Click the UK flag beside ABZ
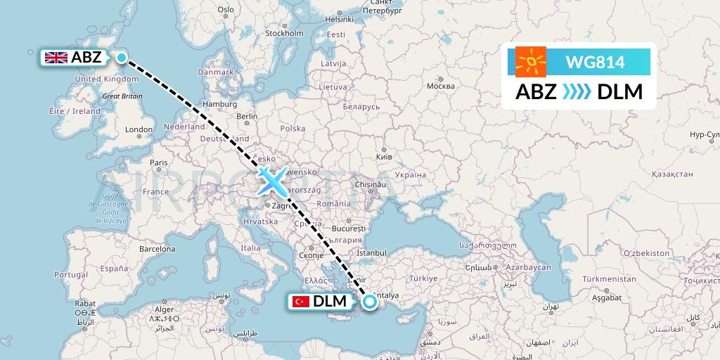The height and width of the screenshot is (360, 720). pos(56,58)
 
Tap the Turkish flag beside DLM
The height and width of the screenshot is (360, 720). pos(301,302)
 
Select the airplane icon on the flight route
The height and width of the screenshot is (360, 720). pos(271,181)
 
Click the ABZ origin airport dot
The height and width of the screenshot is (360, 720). pos(121,58)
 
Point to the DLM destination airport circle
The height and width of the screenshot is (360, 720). pos(370,302)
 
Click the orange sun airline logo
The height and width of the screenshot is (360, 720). pos(531,62)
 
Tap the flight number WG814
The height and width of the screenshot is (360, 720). pos(595,63)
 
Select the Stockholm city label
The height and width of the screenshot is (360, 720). pos(284,33)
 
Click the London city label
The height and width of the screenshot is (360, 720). pos(139,129)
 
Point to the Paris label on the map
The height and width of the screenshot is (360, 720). pos(158,162)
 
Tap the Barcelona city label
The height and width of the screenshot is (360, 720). pos(157,249)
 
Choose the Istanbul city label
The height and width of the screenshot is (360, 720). pos(372,252)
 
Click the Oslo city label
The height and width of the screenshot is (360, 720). pos(226,9)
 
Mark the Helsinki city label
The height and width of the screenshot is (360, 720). pos(337,19)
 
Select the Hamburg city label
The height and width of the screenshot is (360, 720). pos(219,104)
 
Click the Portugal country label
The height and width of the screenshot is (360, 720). pos(70,274)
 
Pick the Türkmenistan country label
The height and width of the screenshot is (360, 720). pos(608,279)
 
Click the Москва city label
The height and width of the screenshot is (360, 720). pos(441,86)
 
